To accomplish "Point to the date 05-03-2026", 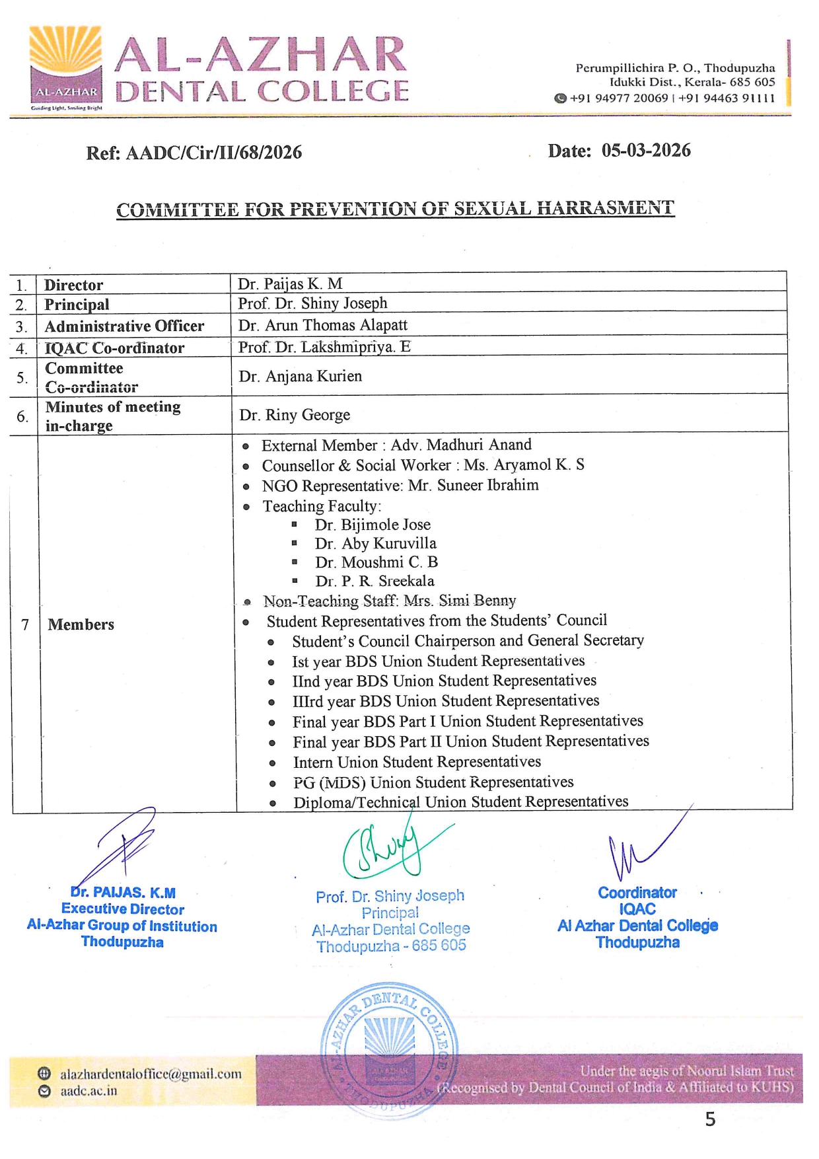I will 645,151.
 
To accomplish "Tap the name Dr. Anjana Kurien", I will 301,376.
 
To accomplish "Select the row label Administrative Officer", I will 124,326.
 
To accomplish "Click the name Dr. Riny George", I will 295,415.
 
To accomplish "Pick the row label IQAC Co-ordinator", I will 114,348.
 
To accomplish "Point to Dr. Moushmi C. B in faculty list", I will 376,562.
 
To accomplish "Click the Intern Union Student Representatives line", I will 417,762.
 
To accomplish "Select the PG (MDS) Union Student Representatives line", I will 433,782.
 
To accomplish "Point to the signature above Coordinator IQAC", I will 637,849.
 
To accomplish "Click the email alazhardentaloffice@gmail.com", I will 151,1074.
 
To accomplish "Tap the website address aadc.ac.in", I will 89,1091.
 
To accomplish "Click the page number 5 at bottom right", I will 710,1119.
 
